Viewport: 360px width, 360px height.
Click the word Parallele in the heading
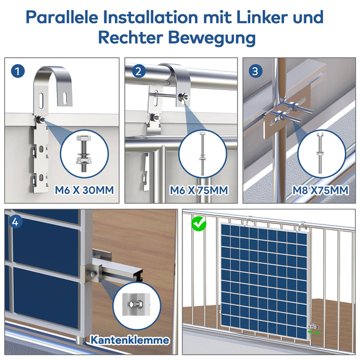coord(62,17)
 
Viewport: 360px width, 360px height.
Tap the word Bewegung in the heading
coord(212,38)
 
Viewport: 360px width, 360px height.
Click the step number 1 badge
coord(17,71)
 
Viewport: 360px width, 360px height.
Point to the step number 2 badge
coord(139,71)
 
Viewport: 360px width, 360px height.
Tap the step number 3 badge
coord(256,71)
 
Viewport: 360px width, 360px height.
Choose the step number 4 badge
coord(15,222)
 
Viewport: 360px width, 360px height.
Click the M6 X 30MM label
coord(84,190)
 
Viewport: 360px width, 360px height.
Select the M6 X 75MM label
coord(199,190)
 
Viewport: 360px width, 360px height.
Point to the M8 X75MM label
coord(320,190)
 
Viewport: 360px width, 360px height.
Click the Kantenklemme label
coord(130,340)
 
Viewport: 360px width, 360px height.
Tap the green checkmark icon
coord(199,224)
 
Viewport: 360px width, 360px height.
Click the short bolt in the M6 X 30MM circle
coord(84,154)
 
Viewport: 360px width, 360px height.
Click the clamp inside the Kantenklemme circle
coord(136,304)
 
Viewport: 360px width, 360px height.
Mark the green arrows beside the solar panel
coord(314,332)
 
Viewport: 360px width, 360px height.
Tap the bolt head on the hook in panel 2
coord(184,97)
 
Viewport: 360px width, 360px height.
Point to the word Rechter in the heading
coord(131,38)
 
